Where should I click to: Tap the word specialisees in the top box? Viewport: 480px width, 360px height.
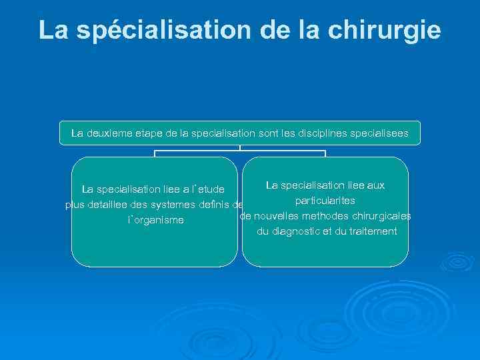pyautogui.click(x=382, y=133)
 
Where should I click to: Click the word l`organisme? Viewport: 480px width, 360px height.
pyautogui.click(x=155, y=220)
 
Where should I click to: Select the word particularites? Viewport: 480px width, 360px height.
pyautogui.click(x=325, y=200)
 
